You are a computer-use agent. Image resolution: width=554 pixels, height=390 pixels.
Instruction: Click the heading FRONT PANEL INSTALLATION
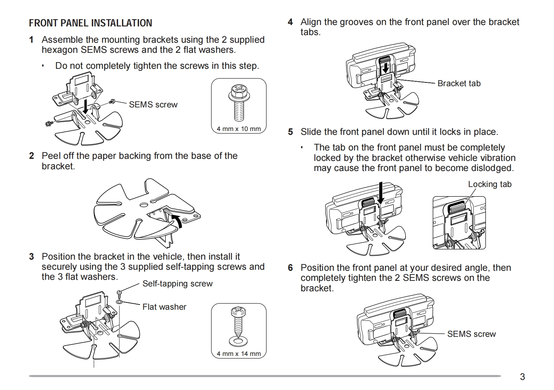pos(90,23)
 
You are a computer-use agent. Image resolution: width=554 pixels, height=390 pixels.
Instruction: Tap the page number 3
pos(522,377)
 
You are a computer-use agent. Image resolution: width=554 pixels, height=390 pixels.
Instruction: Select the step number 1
pos(31,40)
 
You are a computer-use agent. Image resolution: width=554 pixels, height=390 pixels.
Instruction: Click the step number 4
pos(290,22)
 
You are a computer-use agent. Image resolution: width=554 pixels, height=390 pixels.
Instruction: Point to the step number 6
pos(290,268)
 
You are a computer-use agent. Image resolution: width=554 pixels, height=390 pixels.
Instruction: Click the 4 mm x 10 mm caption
pos(239,129)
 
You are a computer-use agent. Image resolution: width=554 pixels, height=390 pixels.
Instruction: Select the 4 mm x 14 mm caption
pos(239,354)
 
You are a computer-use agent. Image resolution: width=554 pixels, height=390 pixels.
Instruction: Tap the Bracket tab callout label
pos(459,83)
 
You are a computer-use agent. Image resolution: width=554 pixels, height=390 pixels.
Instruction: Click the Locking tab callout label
pos(490,184)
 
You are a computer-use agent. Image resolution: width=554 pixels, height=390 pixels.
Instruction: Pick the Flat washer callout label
pos(164,307)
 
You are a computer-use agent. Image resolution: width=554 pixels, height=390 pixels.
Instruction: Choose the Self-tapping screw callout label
pos(178,284)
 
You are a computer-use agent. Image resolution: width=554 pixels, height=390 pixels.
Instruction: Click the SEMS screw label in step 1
pos(153,105)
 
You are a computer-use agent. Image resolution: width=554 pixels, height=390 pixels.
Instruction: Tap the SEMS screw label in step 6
pos(471,334)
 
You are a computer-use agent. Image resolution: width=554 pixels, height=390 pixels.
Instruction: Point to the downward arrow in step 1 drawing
pos(85,106)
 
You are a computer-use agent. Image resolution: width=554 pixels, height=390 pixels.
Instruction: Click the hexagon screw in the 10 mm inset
pos(238,103)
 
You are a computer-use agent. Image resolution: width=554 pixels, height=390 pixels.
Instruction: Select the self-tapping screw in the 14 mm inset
pos(238,322)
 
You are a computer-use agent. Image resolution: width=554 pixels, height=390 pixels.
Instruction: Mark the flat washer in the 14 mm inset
pos(238,340)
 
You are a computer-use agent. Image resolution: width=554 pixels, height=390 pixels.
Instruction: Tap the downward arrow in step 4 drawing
pos(385,68)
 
